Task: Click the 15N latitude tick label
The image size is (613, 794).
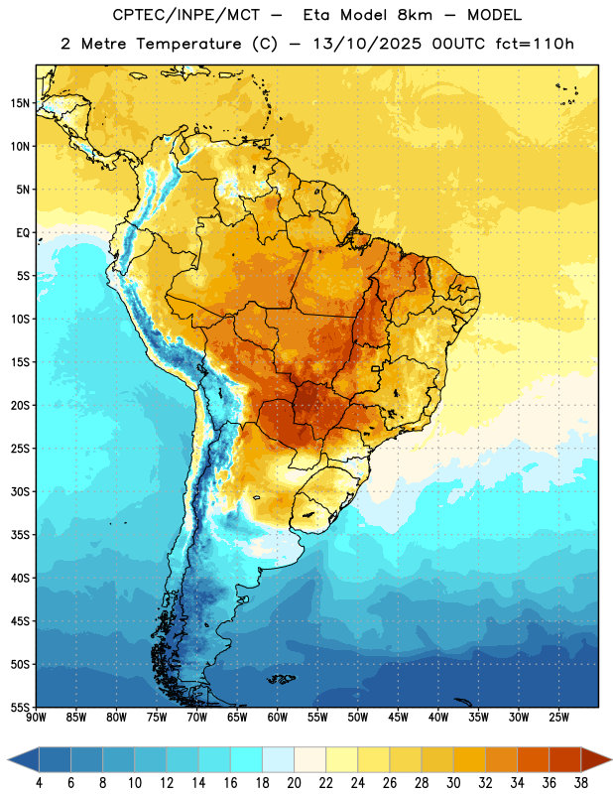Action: [20, 103]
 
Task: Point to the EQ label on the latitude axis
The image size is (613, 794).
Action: [23, 233]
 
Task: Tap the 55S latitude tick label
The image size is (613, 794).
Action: [20, 708]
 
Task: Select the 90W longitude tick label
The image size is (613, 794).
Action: [36, 717]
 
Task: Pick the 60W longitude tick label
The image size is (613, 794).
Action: [278, 717]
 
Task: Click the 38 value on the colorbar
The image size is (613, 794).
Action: [581, 783]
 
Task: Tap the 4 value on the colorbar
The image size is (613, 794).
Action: [39, 783]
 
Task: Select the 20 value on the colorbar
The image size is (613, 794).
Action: [294, 783]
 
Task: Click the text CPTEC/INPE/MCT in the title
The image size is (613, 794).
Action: [186, 15]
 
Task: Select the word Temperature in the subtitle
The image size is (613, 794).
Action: [188, 44]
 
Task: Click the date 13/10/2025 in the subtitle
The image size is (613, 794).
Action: [367, 44]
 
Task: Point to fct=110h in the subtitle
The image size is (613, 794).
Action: [535, 44]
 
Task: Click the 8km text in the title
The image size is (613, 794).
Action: [415, 15]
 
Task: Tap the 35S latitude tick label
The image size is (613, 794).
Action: [20, 535]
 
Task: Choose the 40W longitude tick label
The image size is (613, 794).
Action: [438, 717]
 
